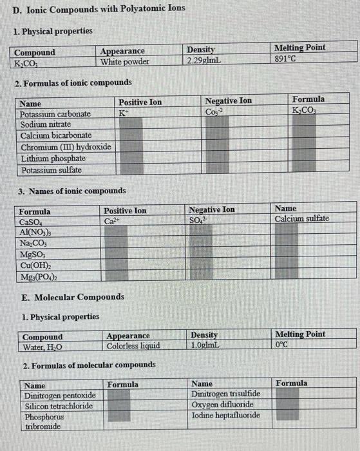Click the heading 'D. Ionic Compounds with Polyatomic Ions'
97,8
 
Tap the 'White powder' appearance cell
125,62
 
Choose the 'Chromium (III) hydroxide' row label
65,147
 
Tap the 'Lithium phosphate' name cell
53,158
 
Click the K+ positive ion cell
123,112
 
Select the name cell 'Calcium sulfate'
301,219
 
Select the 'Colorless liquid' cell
133,345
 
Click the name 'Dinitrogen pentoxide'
60,395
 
